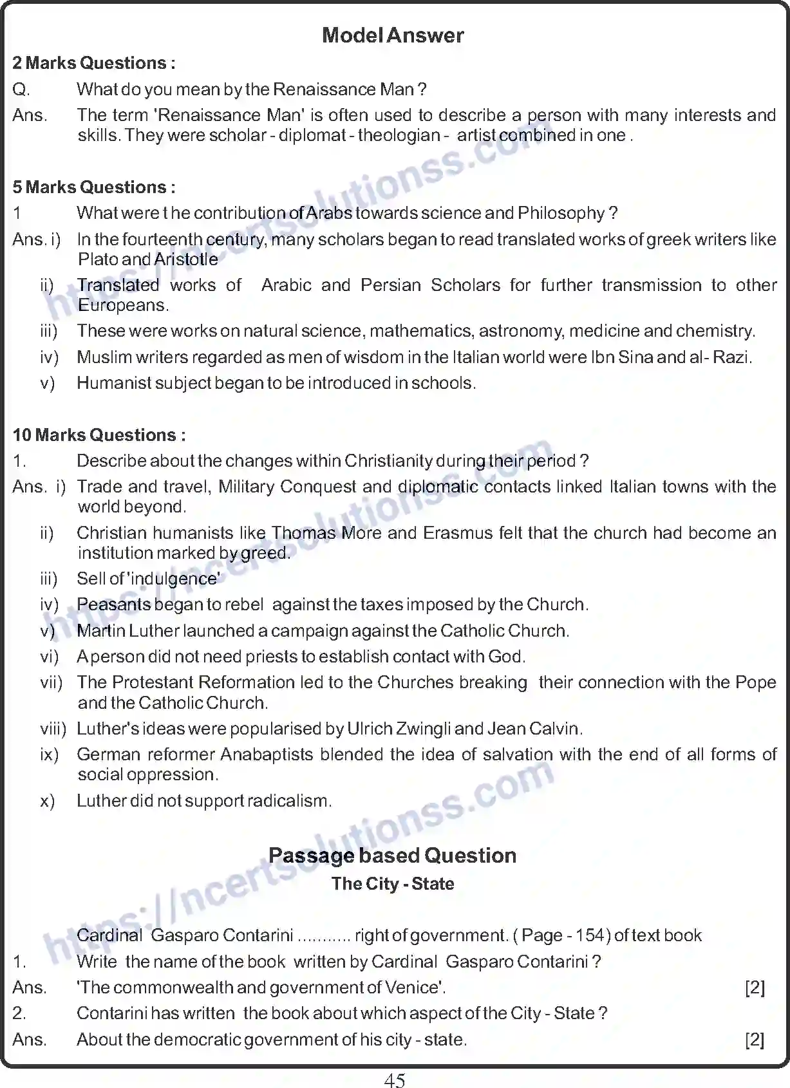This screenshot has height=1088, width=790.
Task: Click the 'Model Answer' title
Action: point(393,35)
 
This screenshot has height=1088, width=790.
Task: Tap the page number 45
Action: point(394,1080)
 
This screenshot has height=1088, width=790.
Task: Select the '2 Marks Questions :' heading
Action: point(94,63)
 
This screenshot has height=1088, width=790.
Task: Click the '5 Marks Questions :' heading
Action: point(94,187)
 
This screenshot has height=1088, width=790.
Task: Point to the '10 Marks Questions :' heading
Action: point(99,435)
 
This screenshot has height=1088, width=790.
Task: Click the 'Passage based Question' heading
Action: point(393,856)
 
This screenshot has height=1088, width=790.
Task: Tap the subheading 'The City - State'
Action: point(393,884)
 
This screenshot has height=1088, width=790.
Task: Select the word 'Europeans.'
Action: point(123,305)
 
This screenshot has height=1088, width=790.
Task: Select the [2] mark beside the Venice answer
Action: point(755,988)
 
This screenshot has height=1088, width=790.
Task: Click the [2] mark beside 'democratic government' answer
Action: point(755,1040)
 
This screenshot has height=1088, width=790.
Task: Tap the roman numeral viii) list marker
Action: point(53,729)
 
